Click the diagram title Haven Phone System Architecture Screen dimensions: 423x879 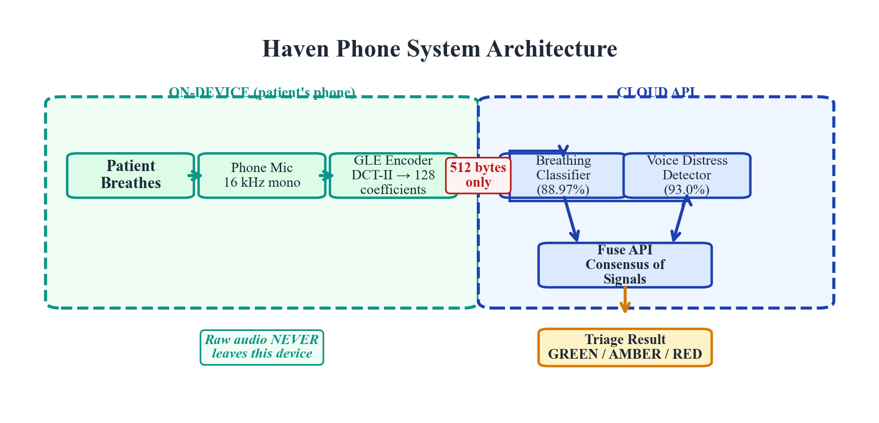(439, 49)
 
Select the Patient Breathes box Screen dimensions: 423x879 (131, 175)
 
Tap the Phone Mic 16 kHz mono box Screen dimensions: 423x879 (262, 175)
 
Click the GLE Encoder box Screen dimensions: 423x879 (393, 175)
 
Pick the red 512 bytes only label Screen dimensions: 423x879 (478, 175)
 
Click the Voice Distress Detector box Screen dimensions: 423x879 (687, 175)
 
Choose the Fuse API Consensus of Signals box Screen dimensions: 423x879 (625, 265)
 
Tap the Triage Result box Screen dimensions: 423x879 (625, 347)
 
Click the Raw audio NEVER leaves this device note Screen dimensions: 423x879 (262, 347)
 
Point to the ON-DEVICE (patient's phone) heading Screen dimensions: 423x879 (262, 92)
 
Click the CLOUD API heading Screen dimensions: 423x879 (656, 92)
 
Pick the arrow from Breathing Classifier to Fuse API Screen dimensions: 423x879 (571, 219)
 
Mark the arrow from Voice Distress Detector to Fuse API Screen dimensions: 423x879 (680, 219)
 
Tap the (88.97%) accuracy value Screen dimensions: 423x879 (563, 190)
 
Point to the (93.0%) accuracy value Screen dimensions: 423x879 (687, 190)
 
